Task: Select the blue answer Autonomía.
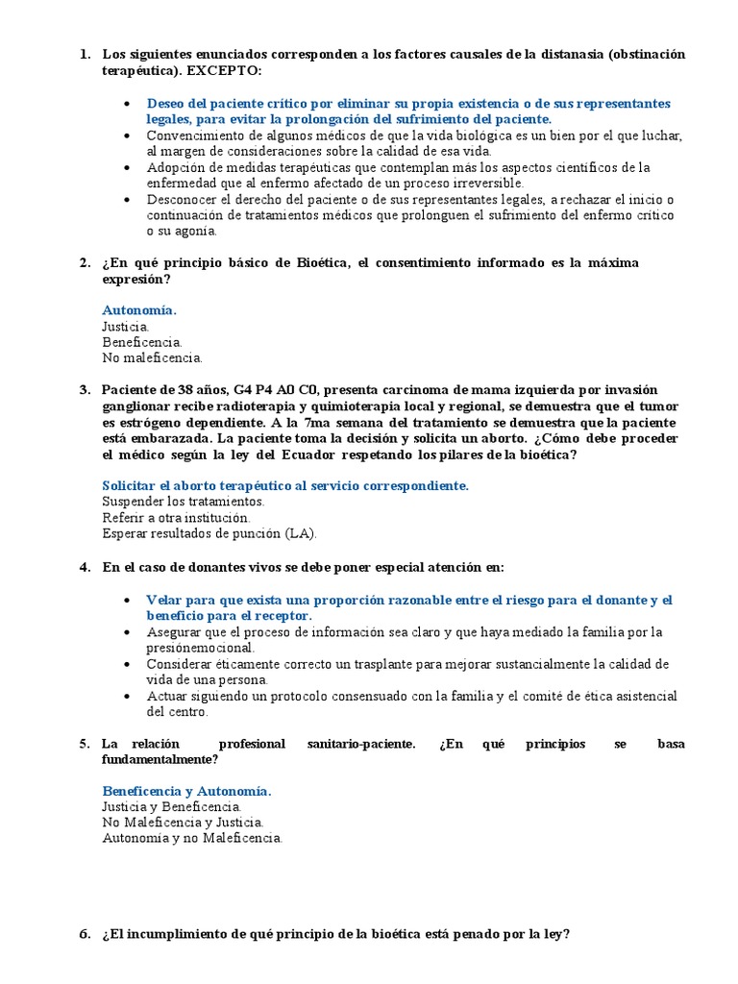pyautogui.click(x=139, y=310)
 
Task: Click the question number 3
pyautogui.click(x=85, y=390)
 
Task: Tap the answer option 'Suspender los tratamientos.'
pyautogui.click(x=183, y=502)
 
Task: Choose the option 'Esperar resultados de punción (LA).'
pyautogui.click(x=209, y=533)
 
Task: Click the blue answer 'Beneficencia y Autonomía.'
pyautogui.click(x=186, y=791)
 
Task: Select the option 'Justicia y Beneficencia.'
pyautogui.click(x=172, y=806)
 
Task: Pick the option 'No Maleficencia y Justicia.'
pyautogui.click(x=183, y=823)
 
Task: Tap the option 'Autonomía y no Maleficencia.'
pyautogui.click(x=192, y=838)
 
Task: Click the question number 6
pyautogui.click(x=85, y=933)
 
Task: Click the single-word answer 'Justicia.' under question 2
pyautogui.click(x=126, y=327)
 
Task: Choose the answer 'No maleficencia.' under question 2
pyautogui.click(x=152, y=358)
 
